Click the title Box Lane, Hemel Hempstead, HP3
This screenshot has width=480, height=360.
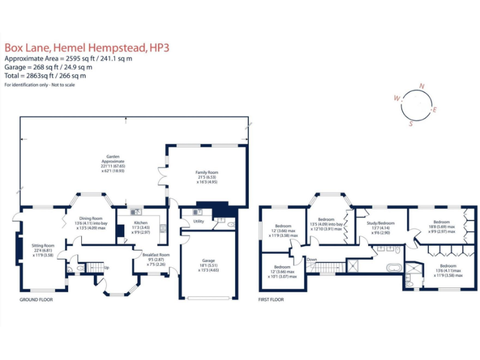[87, 47]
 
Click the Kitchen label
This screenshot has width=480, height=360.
[141, 222]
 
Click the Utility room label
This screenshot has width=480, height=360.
[199, 221]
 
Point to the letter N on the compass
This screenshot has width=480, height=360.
[422, 86]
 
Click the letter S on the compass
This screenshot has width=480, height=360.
[411, 124]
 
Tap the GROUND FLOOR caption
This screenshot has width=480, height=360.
[36, 300]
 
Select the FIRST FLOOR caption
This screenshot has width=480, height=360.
[271, 300]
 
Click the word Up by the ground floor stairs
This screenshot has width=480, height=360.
[106, 267]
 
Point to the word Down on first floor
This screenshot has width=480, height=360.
[311, 259]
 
